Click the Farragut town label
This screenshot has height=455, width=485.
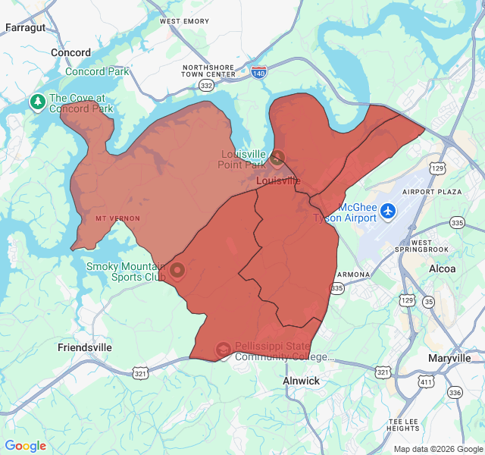(x=25, y=27)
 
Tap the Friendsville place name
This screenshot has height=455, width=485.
(x=85, y=347)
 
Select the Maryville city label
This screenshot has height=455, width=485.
(x=449, y=358)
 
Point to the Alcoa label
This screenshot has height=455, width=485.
(x=442, y=268)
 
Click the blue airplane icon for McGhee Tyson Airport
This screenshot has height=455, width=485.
(x=389, y=209)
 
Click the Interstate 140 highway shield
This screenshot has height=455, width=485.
(x=259, y=73)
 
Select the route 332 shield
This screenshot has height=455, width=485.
(x=206, y=86)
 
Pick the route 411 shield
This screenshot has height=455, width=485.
(x=426, y=382)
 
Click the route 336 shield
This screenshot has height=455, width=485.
(x=455, y=392)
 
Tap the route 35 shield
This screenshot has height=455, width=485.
(x=430, y=302)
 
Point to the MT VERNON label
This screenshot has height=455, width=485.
(x=117, y=218)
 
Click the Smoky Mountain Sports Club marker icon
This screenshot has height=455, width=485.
(x=177, y=270)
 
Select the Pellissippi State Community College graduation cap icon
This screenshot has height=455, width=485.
(x=223, y=349)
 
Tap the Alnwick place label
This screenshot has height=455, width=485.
(x=301, y=381)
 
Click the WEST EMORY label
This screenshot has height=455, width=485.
(x=184, y=21)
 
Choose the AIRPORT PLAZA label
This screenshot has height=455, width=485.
(x=432, y=192)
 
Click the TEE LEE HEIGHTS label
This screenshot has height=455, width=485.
(x=403, y=425)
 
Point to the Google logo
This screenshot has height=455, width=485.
(x=26, y=446)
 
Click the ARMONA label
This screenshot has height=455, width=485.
(x=354, y=274)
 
